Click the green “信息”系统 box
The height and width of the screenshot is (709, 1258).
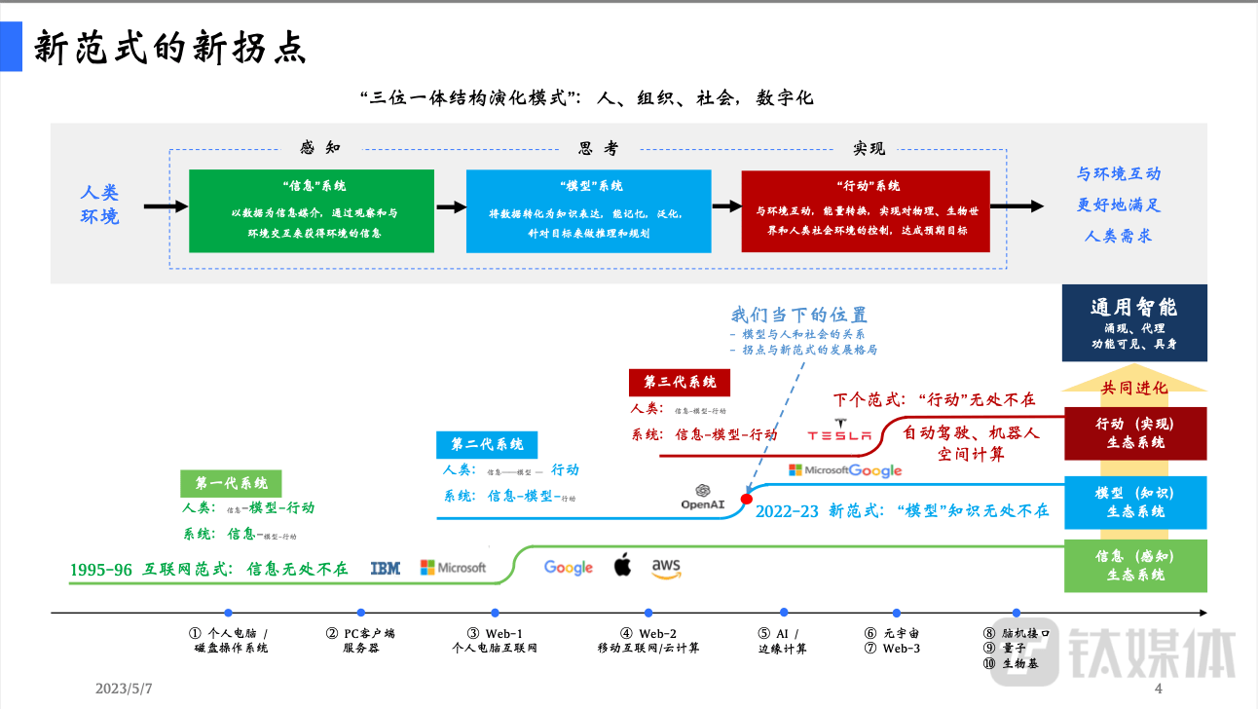[312, 210]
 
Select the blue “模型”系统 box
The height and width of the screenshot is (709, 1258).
[589, 210]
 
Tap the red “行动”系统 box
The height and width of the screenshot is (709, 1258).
[866, 210]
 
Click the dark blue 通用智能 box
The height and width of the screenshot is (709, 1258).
[1134, 322]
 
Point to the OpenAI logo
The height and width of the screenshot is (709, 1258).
[702, 497]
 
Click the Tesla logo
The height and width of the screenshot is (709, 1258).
[839, 434]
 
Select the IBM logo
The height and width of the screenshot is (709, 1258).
[385, 568]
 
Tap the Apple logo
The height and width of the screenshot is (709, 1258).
[622, 565]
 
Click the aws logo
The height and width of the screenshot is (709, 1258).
[666, 568]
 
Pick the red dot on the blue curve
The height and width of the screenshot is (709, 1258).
[747, 499]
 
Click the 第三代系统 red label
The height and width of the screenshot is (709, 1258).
[680, 382]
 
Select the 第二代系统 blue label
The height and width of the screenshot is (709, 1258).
[487, 444]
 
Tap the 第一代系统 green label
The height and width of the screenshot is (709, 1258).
[231, 483]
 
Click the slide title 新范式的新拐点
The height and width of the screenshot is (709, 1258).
[170, 47]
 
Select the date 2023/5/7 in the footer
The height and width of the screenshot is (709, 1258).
[124, 689]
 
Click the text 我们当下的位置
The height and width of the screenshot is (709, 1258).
[798, 315]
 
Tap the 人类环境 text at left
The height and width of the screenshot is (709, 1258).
[99, 205]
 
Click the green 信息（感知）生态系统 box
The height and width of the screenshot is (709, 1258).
[1134, 565]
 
